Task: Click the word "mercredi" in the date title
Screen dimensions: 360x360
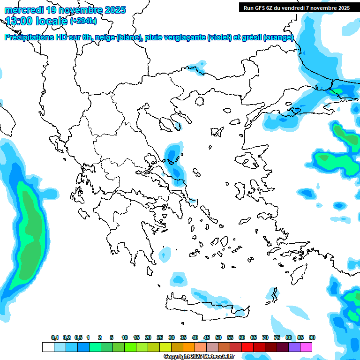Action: pos(24,10)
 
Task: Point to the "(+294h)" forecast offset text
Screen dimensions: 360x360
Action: pos(83,21)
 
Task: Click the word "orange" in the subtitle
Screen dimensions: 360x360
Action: pos(279,37)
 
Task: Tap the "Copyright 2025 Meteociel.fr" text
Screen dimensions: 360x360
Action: pos(198,357)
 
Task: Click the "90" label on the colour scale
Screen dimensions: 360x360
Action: pos(312,337)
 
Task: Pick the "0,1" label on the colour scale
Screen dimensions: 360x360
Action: pos(55,337)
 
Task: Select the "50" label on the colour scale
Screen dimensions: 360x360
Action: pos(218,337)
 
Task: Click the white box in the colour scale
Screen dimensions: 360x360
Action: pos(48,347)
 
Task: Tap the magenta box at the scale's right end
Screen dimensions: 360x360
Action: pos(307,347)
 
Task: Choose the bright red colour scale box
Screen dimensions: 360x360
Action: pos(247,347)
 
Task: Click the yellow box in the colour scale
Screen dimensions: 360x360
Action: pos(165,347)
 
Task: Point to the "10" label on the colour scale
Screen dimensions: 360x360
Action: pos(125,337)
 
